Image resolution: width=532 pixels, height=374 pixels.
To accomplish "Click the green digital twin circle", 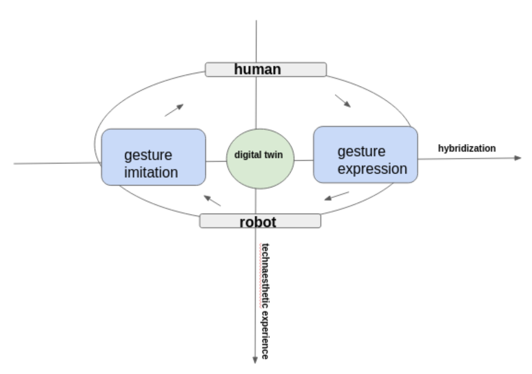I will (x=260, y=169).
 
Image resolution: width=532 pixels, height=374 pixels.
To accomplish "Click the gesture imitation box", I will (x=153, y=157).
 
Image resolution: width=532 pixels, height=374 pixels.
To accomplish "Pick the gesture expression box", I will (x=365, y=155).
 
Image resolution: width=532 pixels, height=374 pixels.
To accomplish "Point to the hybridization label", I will (x=467, y=148).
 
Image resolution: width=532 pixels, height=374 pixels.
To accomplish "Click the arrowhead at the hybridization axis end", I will (x=518, y=158).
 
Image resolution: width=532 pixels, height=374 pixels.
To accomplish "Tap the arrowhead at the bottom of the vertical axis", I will (x=255, y=360).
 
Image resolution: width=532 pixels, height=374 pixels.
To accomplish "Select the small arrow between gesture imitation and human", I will (x=174, y=110).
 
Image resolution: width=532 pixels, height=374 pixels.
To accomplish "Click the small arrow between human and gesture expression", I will (x=343, y=101).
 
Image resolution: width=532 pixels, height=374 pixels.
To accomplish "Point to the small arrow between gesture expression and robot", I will (x=336, y=196).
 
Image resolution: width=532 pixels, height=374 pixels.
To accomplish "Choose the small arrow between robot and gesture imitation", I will (x=212, y=200).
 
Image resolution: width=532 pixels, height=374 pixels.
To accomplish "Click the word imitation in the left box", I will (x=151, y=173).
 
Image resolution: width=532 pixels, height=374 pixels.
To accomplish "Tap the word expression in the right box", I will (x=372, y=169).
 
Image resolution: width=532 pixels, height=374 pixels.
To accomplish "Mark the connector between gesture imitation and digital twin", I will (x=216, y=161).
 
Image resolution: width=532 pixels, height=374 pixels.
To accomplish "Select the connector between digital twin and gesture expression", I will (x=304, y=160).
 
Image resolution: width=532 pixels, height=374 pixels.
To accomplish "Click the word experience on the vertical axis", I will (x=265, y=335).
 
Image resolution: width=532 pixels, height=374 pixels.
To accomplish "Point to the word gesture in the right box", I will (x=361, y=152).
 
